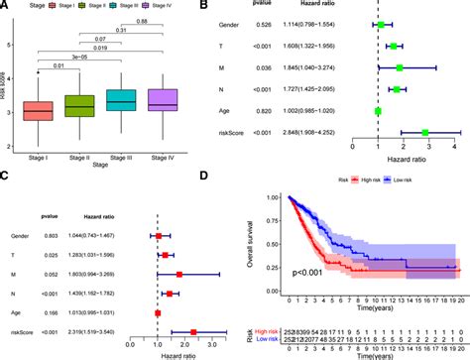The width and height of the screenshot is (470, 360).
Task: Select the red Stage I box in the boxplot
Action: click(x=37, y=110)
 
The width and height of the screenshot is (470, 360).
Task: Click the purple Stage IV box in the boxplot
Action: click(x=161, y=98)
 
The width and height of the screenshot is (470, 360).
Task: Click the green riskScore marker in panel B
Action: click(x=425, y=131)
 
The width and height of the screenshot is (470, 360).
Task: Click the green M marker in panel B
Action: click(x=400, y=67)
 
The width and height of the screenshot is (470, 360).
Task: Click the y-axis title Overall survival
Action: click(x=259, y=238)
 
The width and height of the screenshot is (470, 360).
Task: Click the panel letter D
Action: click(x=260, y=178)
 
